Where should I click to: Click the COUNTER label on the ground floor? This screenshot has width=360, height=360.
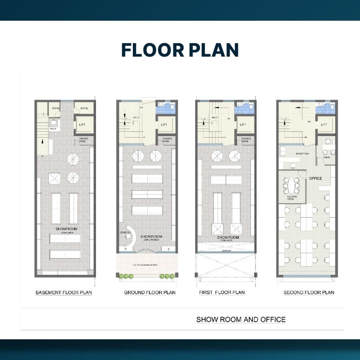tap(125, 232)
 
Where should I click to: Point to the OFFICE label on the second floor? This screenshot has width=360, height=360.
tap(315, 178)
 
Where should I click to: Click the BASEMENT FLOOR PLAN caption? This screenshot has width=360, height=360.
tap(64, 292)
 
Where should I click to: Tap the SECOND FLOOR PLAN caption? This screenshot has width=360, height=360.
tap(309, 292)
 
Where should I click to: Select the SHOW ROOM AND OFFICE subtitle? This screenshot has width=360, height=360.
tap(241, 320)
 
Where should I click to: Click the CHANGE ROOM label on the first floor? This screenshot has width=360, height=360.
tap(246, 140)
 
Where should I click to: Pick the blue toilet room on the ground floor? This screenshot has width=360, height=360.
tap(165, 107)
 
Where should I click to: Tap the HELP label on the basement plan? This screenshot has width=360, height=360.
tap(53, 129)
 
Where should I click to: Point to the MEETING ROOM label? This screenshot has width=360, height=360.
tap(291, 198)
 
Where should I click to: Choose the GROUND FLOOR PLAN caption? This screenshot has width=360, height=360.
tap(150, 292)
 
